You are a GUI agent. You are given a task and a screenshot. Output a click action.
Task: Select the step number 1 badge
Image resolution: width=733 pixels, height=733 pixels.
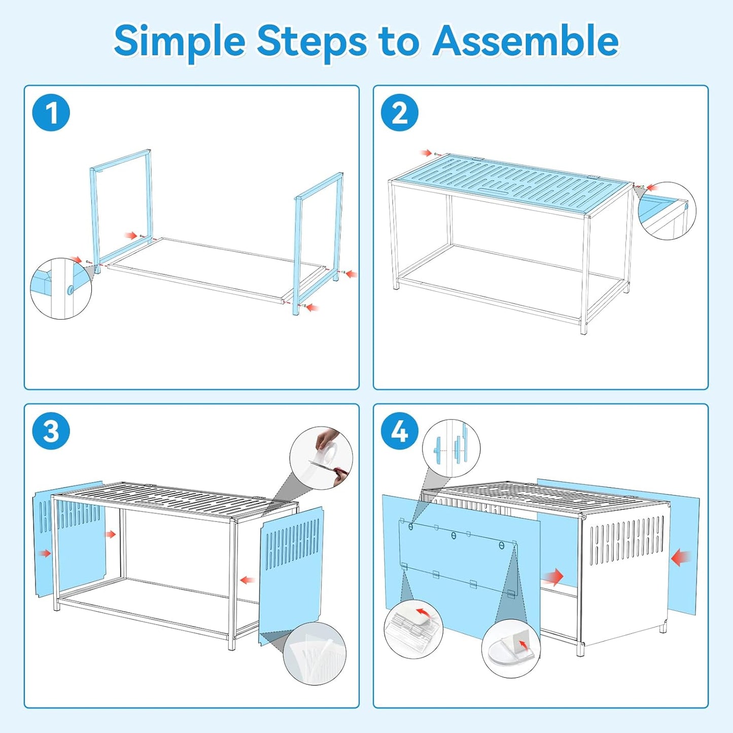(x=51, y=113)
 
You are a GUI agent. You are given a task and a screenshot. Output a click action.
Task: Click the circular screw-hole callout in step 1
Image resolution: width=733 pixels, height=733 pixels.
(x=61, y=288)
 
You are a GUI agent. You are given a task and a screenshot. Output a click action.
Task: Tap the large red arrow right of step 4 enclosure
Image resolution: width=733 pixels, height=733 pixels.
(x=681, y=559)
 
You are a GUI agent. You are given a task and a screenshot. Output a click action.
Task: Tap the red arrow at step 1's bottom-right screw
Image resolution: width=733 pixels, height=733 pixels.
(x=313, y=307)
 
